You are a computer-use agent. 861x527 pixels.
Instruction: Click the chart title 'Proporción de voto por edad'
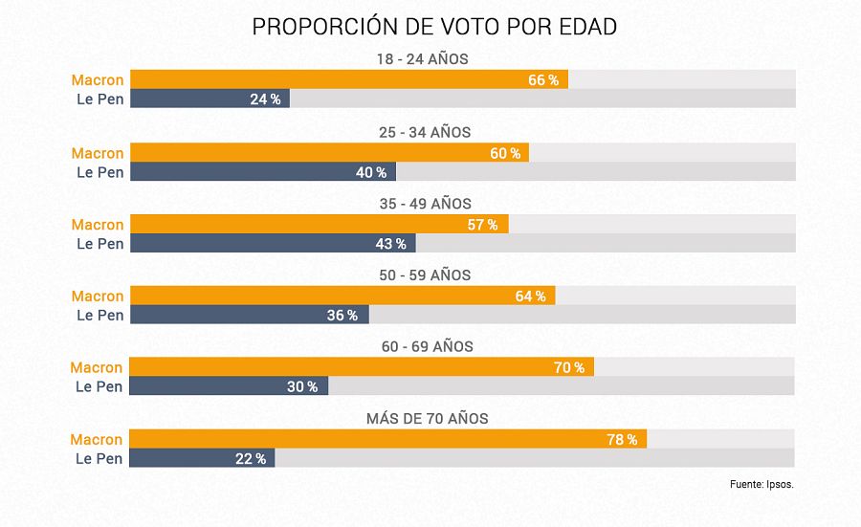pyautogui.click(x=434, y=27)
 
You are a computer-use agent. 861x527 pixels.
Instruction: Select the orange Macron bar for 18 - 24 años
pyautogui.click(x=348, y=79)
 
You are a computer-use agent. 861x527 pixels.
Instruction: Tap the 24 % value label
pyautogui.click(x=265, y=99)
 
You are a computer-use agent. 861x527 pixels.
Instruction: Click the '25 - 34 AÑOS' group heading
pyautogui.click(x=425, y=132)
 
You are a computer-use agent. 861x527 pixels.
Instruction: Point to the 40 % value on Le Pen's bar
pyautogui.click(x=371, y=172)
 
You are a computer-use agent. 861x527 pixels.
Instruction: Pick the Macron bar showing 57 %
pyautogui.click(x=319, y=225)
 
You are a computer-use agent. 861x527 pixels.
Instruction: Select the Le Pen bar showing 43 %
pyautogui.click(x=272, y=244)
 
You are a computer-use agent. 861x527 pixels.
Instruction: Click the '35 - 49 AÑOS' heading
pyautogui.click(x=425, y=204)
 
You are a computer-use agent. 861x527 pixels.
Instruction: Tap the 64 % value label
pyautogui.click(x=530, y=296)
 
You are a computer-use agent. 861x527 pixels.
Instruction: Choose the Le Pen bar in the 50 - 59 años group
pyautogui.click(x=249, y=315)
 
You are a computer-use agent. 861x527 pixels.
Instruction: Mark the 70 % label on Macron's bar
pyautogui.click(x=568, y=368)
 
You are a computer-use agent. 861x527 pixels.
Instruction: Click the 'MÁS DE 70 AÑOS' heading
pyautogui.click(x=427, y=419)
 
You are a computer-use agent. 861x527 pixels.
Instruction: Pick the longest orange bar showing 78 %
pyautogui.click(x=387, y=439)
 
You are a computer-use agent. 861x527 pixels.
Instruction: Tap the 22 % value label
pyautogui.click(x=251, y=459)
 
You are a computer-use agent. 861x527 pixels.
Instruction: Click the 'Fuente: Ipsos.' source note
pyautogui.click(x=762, y=485)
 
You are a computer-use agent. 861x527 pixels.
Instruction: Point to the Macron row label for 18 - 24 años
pyautogui.click(x=98, y=80)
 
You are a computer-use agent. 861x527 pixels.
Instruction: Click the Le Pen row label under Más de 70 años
pyautogui.click(x=99, y=459)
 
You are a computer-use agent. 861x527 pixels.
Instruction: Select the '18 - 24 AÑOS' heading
pyautogui.click(x=422, y=59)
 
